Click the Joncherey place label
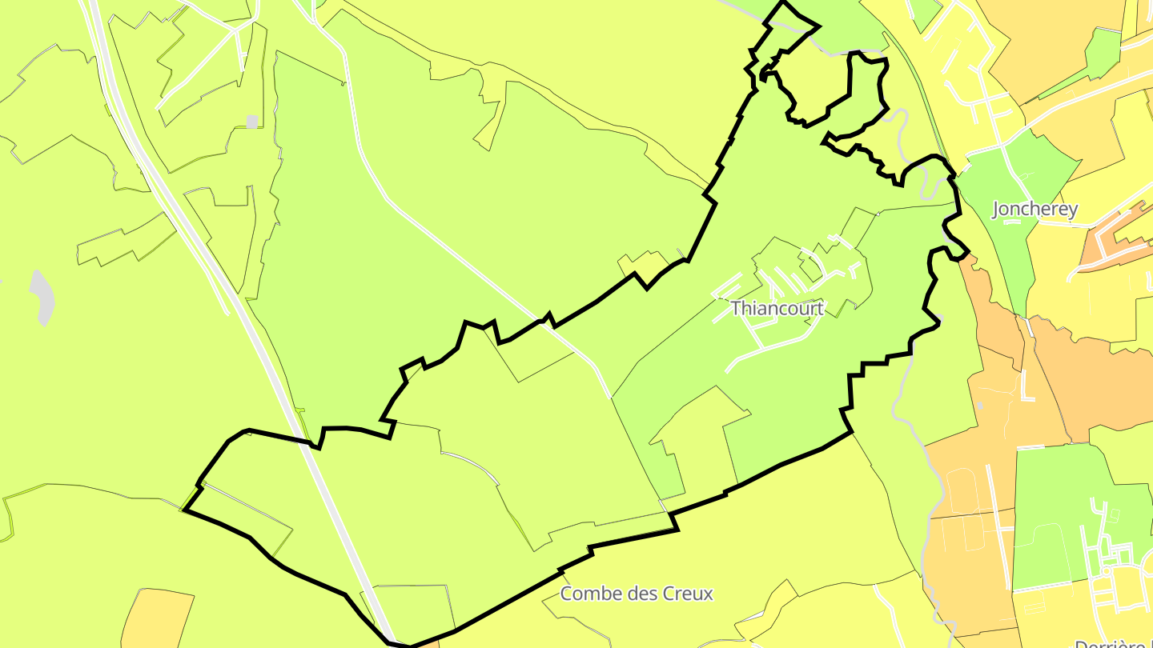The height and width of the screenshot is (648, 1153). (1034, 210)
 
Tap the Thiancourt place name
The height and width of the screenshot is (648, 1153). (776, 308)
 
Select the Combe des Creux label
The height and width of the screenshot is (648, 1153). (636, 594)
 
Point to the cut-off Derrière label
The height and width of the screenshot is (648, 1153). (1112, 642)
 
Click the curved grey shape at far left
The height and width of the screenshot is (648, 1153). (42, 296)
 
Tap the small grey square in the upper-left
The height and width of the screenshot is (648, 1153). (252, 122)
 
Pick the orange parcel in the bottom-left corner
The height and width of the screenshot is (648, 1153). (157, 620)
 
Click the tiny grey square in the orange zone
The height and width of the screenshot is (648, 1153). (979, 406)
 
